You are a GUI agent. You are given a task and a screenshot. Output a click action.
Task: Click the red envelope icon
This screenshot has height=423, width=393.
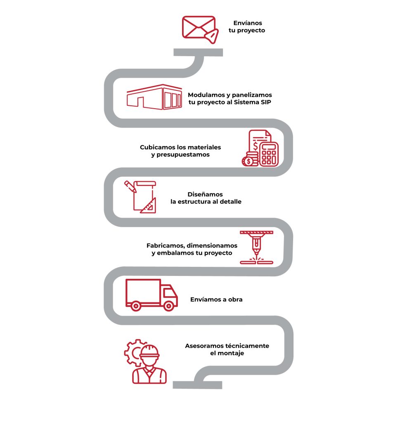[x=200, y=29]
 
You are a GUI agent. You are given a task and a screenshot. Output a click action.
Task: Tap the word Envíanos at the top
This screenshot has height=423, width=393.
[x=247, y=23]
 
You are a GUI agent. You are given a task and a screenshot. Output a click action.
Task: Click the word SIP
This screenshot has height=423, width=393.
[x=266, y=102]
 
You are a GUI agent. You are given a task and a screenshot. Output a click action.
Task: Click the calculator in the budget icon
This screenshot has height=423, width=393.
[x=269, y=154]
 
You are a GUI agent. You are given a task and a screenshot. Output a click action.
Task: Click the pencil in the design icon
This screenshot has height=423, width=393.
[x=130, y=186]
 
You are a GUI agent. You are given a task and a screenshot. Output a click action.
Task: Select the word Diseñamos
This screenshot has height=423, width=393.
[x=205, y=194]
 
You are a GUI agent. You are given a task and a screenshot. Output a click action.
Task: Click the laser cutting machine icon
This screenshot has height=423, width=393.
[x=257, y=247]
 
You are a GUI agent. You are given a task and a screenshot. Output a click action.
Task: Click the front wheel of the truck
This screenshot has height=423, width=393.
[x=169, y=306]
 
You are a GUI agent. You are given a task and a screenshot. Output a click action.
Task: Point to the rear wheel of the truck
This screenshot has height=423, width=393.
[x=136, y=306]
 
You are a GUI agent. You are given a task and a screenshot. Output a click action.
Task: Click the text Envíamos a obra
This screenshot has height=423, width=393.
[x=216, y=299]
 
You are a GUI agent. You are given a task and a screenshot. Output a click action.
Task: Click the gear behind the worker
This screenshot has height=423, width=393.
[x=133, y=352]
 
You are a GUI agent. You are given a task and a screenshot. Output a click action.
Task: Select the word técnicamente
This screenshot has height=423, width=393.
[x=247, y=346]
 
